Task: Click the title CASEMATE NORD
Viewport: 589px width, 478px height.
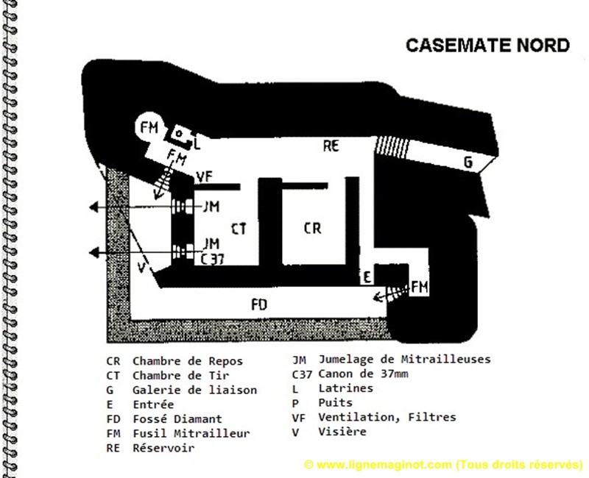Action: [x=487, y=46]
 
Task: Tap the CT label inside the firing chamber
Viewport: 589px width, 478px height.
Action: [x=239, y=229]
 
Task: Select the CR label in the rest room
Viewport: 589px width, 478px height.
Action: [x=312, y=228]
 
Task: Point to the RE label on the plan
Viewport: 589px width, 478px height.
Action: [x=331, y=146]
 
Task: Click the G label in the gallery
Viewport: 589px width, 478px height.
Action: [x=468, y=162]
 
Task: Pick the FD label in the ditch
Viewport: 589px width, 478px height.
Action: [x=259, y=304]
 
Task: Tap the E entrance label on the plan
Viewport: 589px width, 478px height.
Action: [x=367, y=277]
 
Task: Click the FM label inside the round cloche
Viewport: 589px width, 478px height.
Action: [x=149, y=127]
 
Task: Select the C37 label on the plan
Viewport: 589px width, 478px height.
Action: [x=212, y=259]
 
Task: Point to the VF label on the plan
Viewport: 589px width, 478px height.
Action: [x=205, y=176]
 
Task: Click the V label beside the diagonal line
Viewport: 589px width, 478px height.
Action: [x=141, y=267]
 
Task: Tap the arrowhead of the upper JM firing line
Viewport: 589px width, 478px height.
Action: [x=94, y=207]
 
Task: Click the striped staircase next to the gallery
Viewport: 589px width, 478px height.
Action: [x=392, y=148]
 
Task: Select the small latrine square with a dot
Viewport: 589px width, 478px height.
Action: [x=180, y=135]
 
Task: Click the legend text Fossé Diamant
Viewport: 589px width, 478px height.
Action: [x=177, y=418]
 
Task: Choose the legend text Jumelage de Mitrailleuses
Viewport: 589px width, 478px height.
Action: [x=404, y=359]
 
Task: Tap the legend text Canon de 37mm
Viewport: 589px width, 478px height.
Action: [x=363, y=374]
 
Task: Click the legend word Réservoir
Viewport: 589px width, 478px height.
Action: [x=163, y=448]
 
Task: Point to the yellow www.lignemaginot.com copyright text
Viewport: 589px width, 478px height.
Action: [x=443, y=465]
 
